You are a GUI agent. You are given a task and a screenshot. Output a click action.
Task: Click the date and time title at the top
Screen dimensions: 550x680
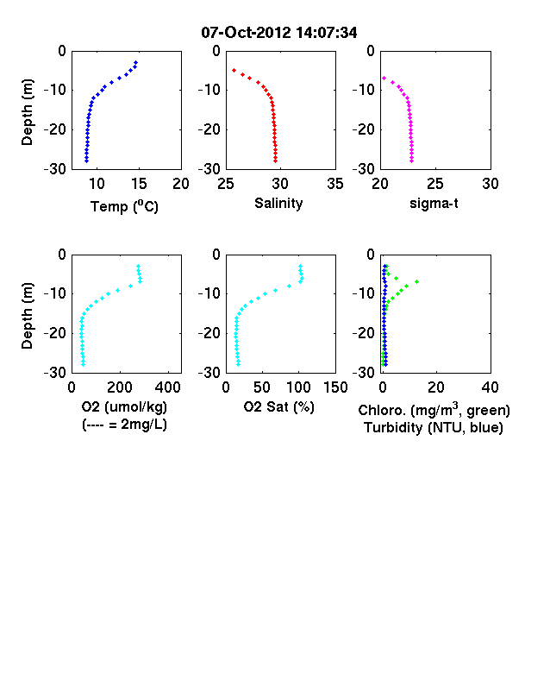(x=279, y=33)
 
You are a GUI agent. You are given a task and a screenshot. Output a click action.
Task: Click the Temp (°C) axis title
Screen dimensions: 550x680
(x=124, y=206)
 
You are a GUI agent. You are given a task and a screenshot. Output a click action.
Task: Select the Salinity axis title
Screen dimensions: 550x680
(x=278, y=203)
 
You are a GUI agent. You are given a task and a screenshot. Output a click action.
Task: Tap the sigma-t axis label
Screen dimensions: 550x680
(x=434, y=203)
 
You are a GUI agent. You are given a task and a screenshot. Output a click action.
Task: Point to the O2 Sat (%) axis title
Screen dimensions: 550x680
(x=279, y=406)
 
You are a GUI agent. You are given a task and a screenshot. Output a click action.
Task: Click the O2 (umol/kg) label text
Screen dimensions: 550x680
(x=124, y=406)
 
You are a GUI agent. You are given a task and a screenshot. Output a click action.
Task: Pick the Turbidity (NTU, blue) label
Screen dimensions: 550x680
(x=434, y=428)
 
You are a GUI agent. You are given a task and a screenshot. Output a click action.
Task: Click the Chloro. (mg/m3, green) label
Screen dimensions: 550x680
(x=434, y=409)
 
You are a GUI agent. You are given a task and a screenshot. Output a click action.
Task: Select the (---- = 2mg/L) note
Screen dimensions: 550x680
(x=124, y=424)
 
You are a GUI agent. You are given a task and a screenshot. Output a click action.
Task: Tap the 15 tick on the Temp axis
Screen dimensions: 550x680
(x=139, y=184)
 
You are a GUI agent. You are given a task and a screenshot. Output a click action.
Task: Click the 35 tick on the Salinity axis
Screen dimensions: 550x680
(x=335, y=184)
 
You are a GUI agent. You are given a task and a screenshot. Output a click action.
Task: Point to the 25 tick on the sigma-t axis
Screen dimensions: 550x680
(x=435, y=184)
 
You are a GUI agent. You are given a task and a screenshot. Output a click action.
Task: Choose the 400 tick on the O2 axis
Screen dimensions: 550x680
(x=168, y=387)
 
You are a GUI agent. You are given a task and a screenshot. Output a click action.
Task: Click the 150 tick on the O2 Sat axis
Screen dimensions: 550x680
(x=335, y=387)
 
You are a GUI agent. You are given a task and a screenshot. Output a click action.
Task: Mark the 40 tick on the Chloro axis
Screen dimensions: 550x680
(x=490, y=387)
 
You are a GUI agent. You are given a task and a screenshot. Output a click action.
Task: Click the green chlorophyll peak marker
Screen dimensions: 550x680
(x=416, y=282)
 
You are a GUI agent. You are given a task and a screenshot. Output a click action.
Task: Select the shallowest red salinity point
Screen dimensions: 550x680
(x=234, y=70)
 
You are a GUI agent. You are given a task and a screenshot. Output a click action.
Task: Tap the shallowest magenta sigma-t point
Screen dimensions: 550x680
(x=384, y=78)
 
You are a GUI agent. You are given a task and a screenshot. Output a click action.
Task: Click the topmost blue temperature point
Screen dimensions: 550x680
(x=135, y=62)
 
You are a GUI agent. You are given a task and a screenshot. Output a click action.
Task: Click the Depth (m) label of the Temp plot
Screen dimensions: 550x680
(x=27, y=112)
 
